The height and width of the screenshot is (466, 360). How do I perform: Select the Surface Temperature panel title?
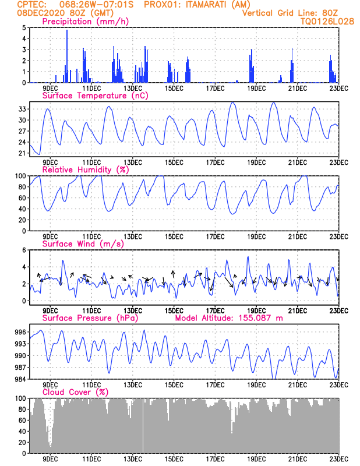point(84,96)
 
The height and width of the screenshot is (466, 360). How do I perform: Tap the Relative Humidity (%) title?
point(86,170)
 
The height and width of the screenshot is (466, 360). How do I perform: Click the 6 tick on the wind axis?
point(24,250)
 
